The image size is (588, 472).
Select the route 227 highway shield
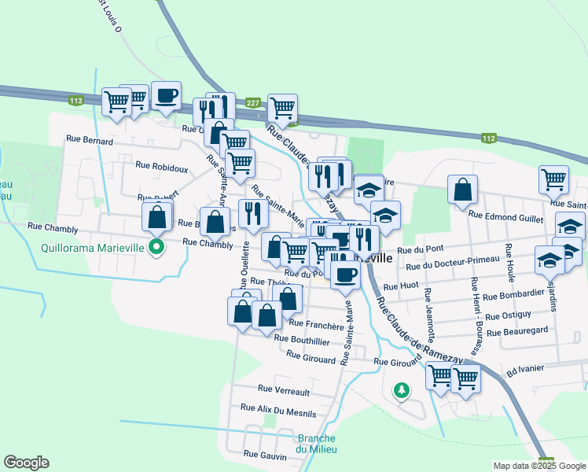tap(252, 103)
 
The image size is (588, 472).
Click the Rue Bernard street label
tap(90, 142)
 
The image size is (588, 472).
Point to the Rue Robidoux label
tap(162, 167)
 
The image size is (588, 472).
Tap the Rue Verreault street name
tap(284, 389)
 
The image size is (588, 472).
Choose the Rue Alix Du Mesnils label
tap(278, 410)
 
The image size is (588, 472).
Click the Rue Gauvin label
tap(262, 455)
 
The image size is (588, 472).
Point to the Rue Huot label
tap(400, 287)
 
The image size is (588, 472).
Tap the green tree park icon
tap(402, 390)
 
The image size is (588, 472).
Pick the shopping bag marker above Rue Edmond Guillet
tap(462, 190)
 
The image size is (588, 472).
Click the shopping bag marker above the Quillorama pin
tap(157, 216)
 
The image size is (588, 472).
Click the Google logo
tap(26, 463)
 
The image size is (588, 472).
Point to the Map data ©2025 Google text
tap(538, 466)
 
